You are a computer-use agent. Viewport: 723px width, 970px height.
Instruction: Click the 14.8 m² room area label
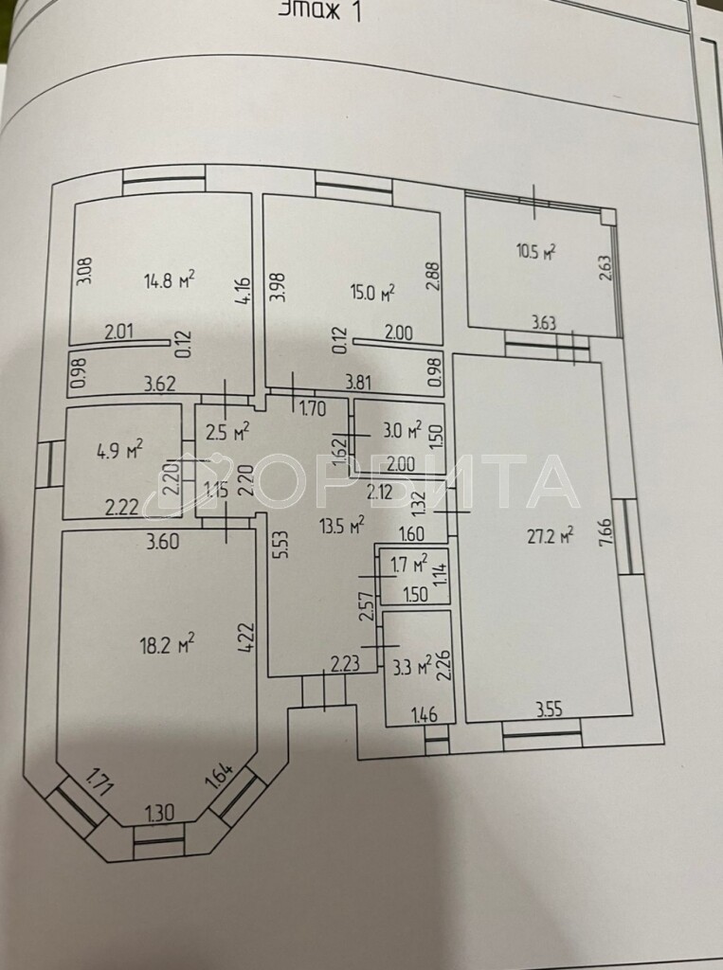(x=170, y=279)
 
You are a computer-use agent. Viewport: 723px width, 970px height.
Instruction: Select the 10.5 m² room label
(x=535, y=251)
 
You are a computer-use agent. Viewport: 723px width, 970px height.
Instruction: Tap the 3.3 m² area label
(x=411, y=662)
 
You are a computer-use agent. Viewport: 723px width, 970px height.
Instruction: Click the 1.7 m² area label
(x=409, y=566)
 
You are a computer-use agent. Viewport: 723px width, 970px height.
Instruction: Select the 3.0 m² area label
(x=402, y=432)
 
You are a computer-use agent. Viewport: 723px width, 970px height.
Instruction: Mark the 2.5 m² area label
(x=227, y=433)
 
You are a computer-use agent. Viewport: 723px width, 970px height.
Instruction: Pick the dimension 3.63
(x=543, y=323)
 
